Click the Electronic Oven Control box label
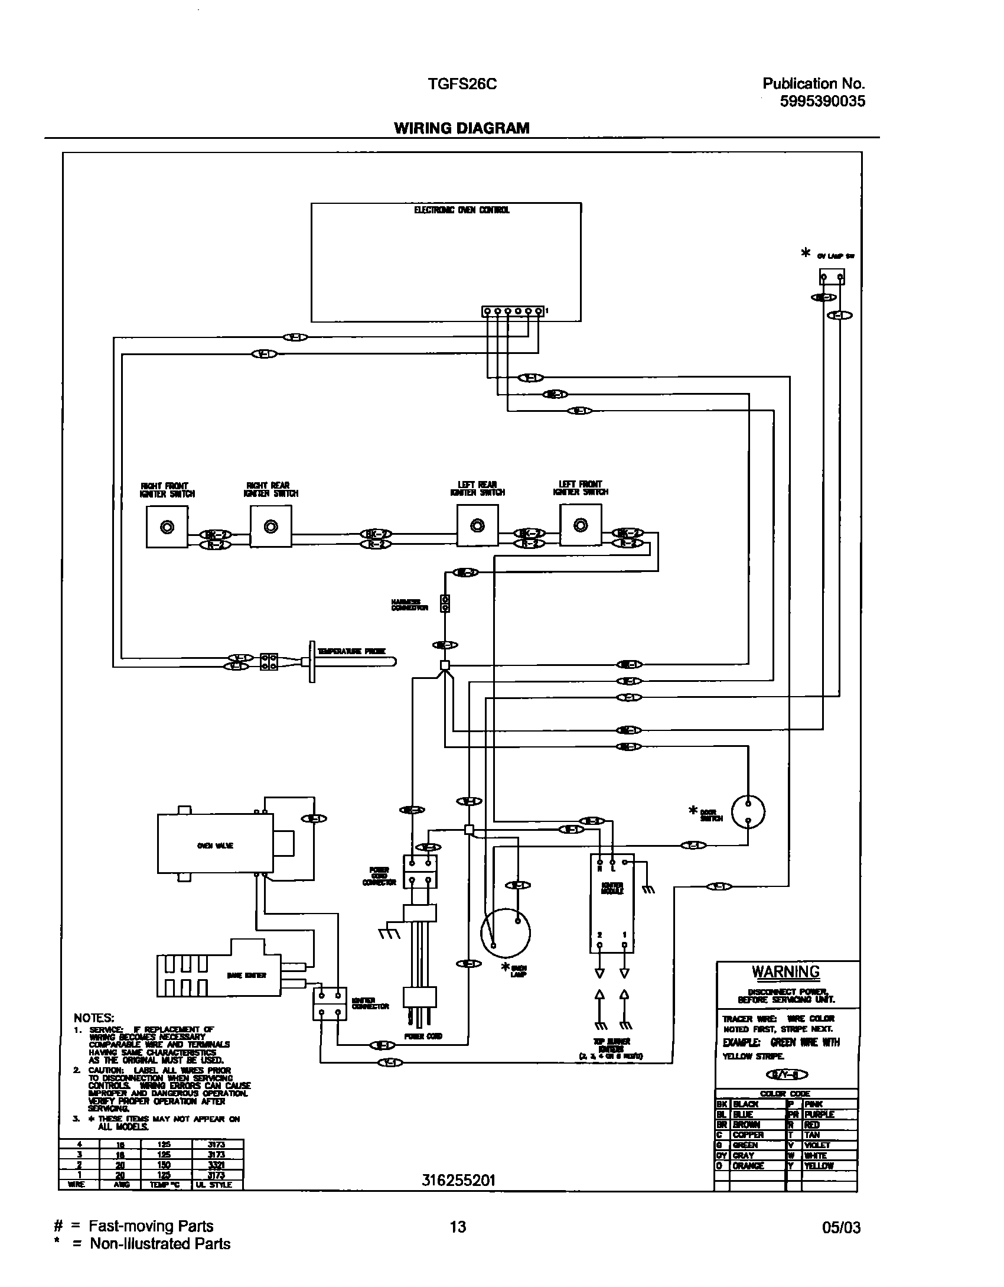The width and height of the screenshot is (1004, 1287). pyautogui.click(x=461, y=210)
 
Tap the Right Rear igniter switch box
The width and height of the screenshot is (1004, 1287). pyautogui.click(x=270, y=526)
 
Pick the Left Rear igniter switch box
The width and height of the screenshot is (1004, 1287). pyautogui.click(x=477, y=525)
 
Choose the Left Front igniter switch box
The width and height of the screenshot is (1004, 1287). pyautogui.click(x=581, y=525)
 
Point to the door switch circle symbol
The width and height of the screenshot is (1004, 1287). pyautogui.click(x=748, y=812)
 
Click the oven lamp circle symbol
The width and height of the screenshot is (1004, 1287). pyautogui.click(x=505, y=933)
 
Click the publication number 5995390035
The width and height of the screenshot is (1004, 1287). pyautogui.click(x=823, y=102)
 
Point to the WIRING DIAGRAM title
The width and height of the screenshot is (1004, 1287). pyautogui.click(x=462, y=128)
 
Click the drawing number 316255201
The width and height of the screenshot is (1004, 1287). pyautogui.click(x=459, y=1181)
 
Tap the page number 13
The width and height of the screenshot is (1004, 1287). pyautogui.click(x=458, y=1227)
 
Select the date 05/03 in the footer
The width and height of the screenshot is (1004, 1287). pyautogui.click(x=842, y=1228)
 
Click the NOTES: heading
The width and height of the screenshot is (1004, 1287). pyautogui.click(x=93, y=1018)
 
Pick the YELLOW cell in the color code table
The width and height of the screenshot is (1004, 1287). pyautogui.click(x=819, y=1166)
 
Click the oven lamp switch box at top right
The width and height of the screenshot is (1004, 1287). pyautogui.click(x=832, y=277)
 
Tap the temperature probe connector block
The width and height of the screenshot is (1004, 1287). pyautogui.click(x=269, y=662)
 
